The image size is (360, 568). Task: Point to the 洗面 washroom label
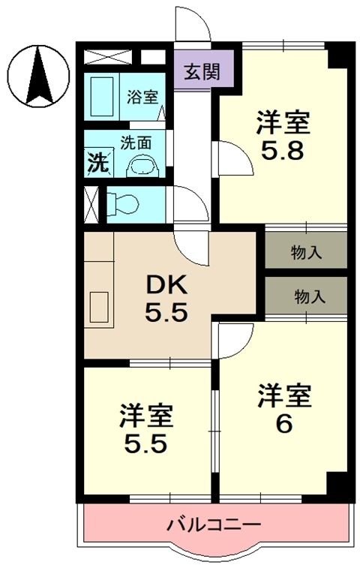click(x=136, y=140)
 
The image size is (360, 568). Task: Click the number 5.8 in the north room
click(x=282, y=152)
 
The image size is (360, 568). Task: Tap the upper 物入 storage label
click(x=306, y=252)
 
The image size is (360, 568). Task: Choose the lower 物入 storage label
click(x=308, y=296)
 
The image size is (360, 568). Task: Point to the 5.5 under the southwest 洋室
click(x=146, y=442)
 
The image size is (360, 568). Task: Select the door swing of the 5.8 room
click(x=231, y=158)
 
